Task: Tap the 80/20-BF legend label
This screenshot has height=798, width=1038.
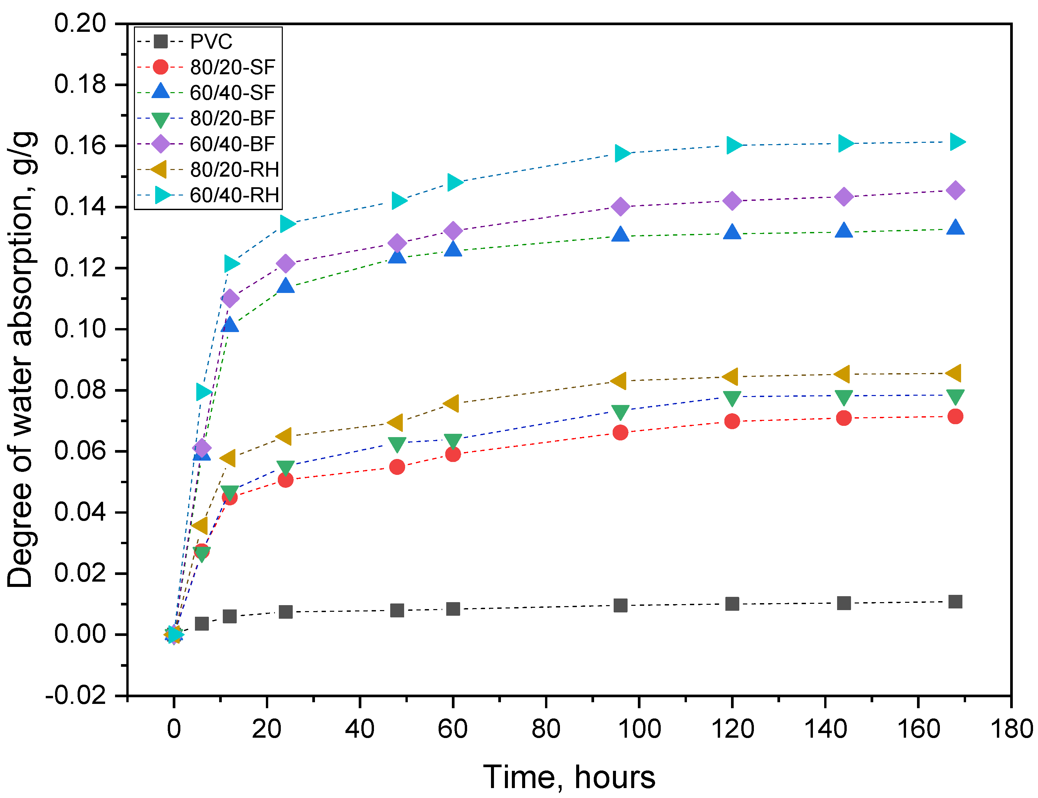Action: pyautogui.click(x=232, y=118)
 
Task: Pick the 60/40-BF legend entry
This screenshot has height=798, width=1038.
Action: pyautogui.click(x=232, y=144)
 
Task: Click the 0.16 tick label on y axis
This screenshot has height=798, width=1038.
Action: pyautogui.click(x=80, y=145)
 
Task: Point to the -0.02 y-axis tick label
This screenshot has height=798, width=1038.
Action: pyautogui.click(x=76, y=696)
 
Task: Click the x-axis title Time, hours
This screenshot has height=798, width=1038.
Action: pyautogui.click(x=569, y=777)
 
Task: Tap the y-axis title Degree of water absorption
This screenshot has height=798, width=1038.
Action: pyautogui.click(x=20, y=360)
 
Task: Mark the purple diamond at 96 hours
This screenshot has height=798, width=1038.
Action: pyautogui.click(x=620, y=207)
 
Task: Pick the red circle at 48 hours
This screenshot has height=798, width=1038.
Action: pyautogui.click(x=397, y=467)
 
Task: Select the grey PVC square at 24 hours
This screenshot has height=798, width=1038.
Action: pyautogui.click(x=285, y=612)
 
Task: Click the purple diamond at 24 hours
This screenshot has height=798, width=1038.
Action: pyautogui.click(x=285, y=263)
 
